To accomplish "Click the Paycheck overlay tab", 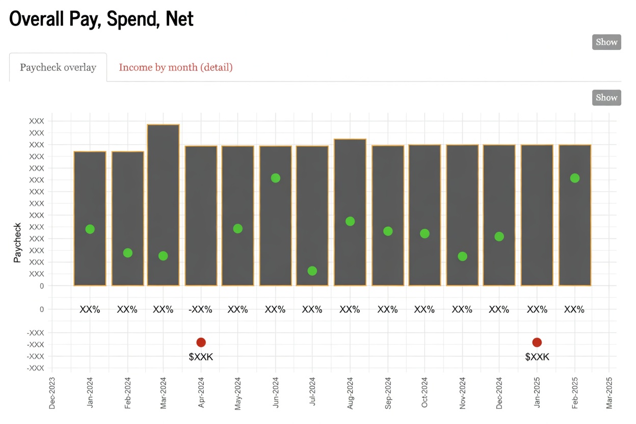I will [x=58, y=67].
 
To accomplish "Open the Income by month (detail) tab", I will [x=175, y=67].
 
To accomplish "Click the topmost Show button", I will [x=606, y=42].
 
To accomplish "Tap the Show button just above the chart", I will [x=606, y=98].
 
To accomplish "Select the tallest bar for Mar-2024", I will [x=163, y=204].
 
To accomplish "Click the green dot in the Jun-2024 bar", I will [x=276, y=178].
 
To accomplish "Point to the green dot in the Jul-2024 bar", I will [x=312, y=271].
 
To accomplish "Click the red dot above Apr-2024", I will [x=201, y=342].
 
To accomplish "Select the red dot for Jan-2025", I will [x=537, y=342].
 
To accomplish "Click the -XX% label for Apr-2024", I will [x=200, y=309].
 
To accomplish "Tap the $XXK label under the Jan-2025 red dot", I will [x=537, y=357].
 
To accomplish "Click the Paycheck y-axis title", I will [x=17, y=243].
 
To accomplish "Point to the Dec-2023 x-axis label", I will [x=52, y=393].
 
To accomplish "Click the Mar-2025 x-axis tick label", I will [x=609, y=393].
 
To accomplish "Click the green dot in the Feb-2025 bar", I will [x=575, y=178].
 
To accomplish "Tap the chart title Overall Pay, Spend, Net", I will [x=101, y=19].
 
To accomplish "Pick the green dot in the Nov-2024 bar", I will [x=462, y=256].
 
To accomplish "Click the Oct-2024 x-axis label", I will [x=425, y=393].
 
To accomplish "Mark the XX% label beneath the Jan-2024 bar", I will [x=90, y=309].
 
